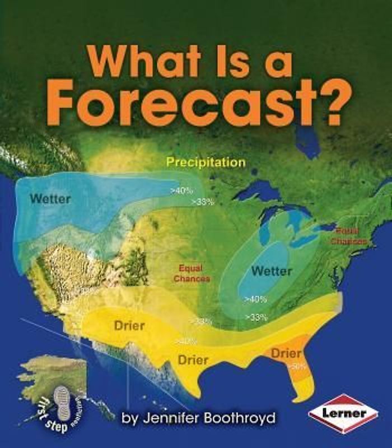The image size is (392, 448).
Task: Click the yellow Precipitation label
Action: (x=207, y=162)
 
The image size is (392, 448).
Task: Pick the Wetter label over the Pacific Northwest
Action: (x=50, y=199)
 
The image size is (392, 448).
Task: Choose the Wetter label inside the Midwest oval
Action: (x=272, y=271)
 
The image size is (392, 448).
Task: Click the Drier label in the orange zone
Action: (x=286, y=353)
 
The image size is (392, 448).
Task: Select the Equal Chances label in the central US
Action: (x=192, y=273)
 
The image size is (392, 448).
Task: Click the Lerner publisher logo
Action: (x=343, y=414)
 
